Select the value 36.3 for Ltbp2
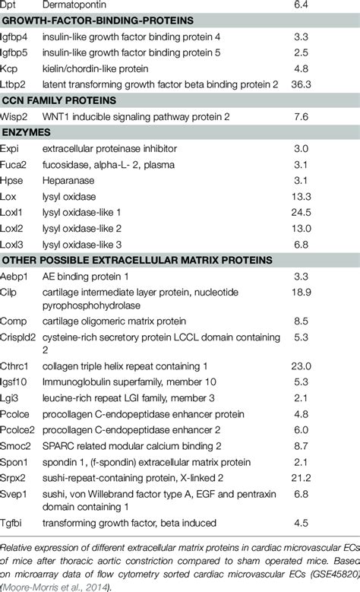(302, 84)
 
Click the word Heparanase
(68, 179)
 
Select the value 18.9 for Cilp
(302, 291)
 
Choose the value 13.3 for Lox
(302, 195)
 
